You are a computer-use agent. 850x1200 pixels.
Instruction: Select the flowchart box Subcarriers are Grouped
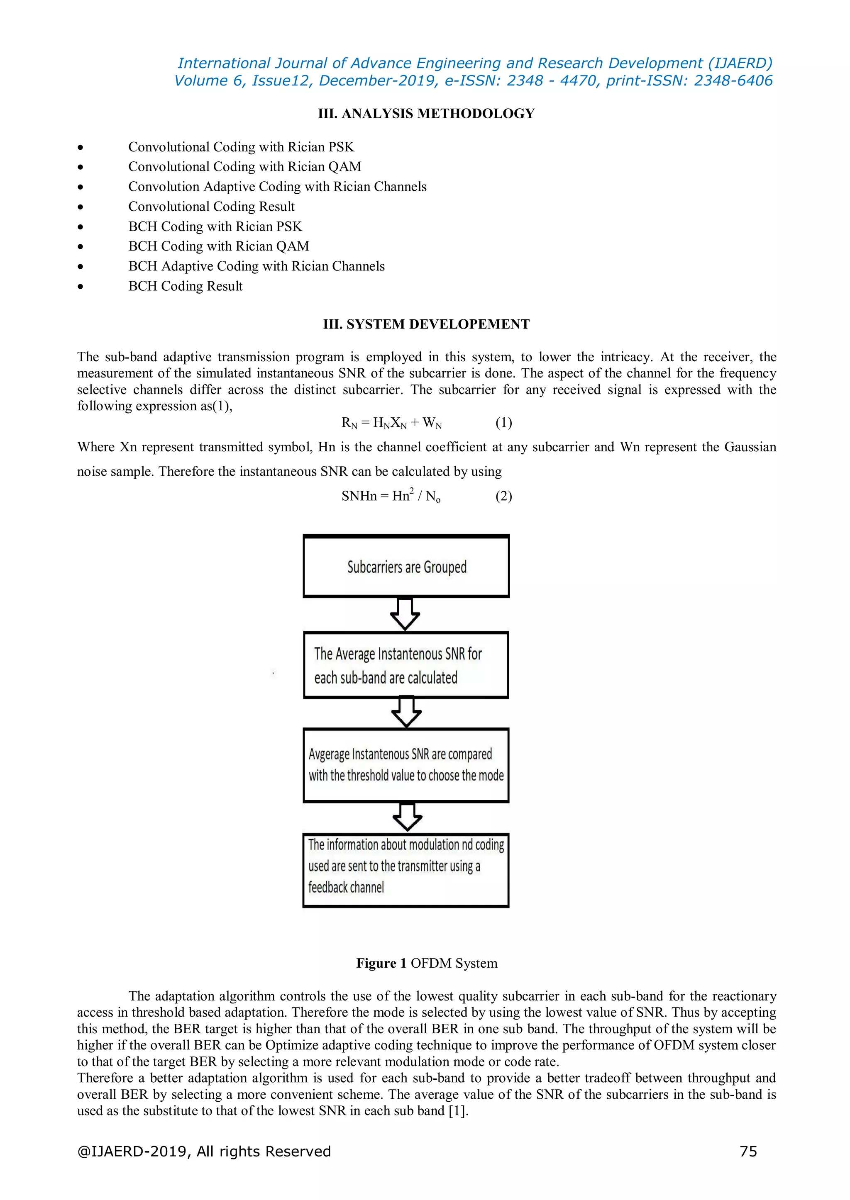pos(406,567)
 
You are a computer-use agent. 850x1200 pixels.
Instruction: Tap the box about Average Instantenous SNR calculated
pos(406,665)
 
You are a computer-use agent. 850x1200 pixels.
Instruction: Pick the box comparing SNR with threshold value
pos(406,765)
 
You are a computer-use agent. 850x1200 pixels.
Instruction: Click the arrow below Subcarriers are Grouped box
pos(405,614)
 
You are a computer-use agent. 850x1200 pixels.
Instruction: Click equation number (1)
pos(503,423)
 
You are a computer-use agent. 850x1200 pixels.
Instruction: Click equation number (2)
pos(503,496)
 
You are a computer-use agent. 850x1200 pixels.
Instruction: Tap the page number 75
pos(748,1151)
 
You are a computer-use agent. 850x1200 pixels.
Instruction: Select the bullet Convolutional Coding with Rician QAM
pos(244,167)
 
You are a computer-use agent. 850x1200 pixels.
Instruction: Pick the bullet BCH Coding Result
pos(185,286)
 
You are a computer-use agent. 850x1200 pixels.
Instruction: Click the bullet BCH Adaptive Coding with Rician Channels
pos(256,266)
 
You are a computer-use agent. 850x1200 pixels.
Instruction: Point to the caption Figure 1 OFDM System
pos(427,963)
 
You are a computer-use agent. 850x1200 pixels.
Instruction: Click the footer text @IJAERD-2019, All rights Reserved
pos(204,1151)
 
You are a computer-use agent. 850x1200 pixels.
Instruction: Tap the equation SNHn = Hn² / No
pos(391,496)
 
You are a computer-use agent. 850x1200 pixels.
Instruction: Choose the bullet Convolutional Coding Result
pos(211,207)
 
